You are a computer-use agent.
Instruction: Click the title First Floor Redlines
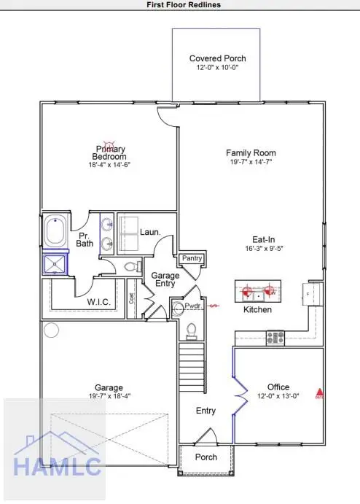click(179, 4)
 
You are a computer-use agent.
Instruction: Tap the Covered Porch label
click(217, 58)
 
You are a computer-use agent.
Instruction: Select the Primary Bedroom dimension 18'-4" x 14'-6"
click(109, 166)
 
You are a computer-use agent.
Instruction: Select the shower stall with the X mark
click(55, 263)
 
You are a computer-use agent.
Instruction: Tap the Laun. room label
click(150, 232)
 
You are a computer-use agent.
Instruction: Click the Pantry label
click(192, 258)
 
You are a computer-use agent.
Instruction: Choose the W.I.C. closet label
click(98, 302)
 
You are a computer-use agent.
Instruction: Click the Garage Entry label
click(165, 280)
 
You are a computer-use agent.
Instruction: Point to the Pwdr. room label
click(192, 307)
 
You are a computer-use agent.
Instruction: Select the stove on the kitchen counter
click(275, 337)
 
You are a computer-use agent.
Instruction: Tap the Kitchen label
click(257, 310)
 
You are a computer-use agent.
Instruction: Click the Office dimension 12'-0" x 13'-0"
click(278, 396)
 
